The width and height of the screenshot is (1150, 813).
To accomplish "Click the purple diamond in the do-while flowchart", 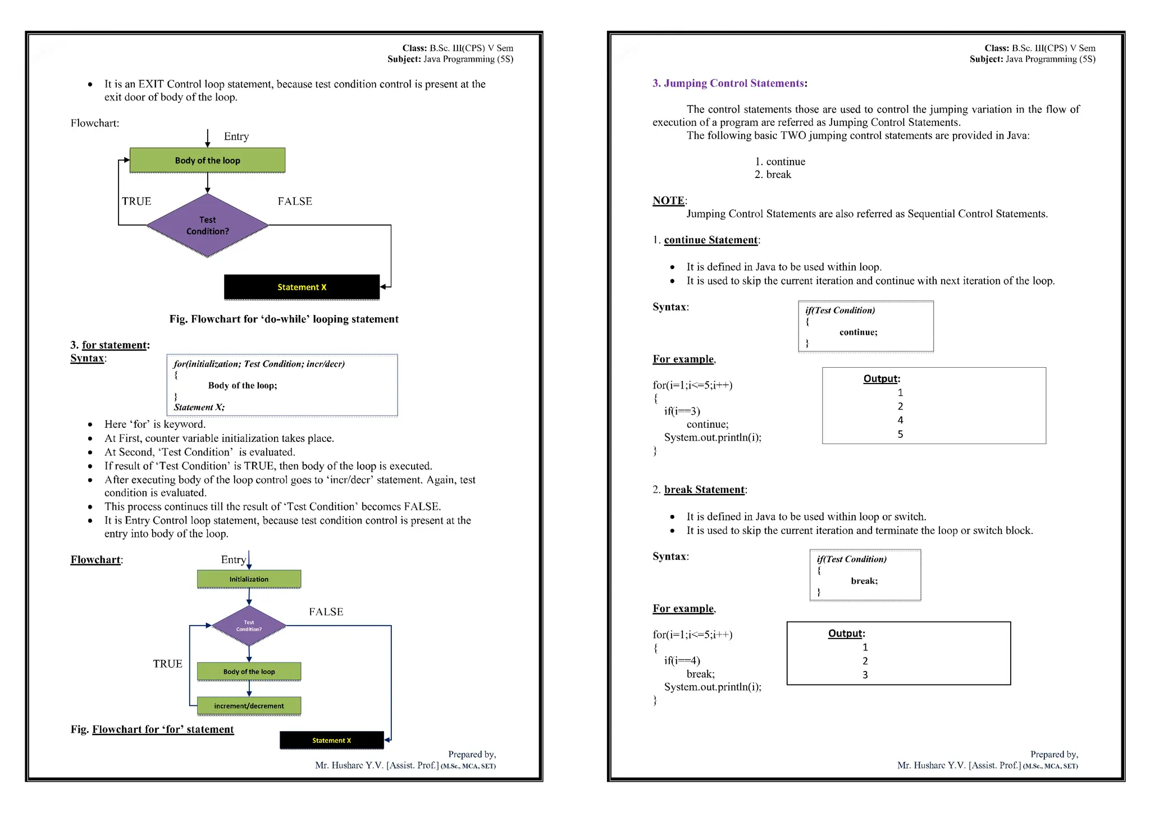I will click(207, 225).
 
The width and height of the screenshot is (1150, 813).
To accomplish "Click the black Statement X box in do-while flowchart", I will click(302, 287).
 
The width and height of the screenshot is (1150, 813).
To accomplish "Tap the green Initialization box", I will click(249, 579).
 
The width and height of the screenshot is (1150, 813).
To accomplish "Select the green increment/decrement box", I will click(249, 706).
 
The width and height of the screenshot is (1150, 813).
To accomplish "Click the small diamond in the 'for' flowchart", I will click(249, 625).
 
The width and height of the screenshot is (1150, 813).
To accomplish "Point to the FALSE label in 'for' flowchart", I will click(326, 611).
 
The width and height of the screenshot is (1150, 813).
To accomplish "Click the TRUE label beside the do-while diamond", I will click(136, 201).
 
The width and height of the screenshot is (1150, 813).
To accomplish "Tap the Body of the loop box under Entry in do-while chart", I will click(207, 161).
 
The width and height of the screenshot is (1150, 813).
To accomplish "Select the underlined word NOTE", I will click(668, 200).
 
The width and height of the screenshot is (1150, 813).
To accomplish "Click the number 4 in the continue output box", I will click(900, 420).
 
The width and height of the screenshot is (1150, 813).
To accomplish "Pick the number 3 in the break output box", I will click(865, 675).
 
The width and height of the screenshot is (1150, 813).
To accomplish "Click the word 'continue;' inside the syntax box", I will click(858, 332).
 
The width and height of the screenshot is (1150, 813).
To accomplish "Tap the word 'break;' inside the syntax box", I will click(864, 581).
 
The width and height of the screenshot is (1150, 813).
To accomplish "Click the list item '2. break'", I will click(773, 175).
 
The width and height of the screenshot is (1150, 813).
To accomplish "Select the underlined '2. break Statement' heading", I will click(704, 490).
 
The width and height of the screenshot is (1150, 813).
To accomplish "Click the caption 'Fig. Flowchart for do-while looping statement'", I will click(284, 319).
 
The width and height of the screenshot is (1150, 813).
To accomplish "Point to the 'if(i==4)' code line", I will click(682, 660).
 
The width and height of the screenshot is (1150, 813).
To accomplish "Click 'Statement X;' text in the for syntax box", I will click(199, 407).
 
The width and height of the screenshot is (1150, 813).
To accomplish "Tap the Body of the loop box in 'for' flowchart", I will click(249, 672).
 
